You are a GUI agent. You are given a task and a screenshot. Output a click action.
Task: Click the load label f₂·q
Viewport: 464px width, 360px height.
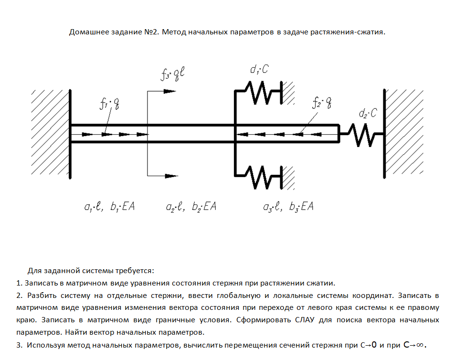tap(320, 103)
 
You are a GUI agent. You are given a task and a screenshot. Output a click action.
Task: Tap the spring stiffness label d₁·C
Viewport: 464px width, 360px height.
tap(259, 70)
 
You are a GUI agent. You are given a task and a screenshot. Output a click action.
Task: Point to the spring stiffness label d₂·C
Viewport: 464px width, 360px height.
tap(368, 114)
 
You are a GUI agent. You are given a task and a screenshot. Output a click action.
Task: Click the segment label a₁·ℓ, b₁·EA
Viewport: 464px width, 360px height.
tap(109, 207)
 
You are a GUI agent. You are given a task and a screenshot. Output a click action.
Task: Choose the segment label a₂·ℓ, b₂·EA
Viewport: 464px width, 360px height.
tap(191, 207)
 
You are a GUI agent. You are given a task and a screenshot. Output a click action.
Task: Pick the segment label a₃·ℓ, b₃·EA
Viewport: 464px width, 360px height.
tap(288, 207)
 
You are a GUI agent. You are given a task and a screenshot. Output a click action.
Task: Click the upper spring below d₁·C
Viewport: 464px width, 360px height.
tap(262, 92)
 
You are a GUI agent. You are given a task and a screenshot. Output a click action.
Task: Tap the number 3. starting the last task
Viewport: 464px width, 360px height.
tap(19, 345)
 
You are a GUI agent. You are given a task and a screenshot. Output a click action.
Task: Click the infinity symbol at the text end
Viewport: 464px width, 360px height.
tap(419, 344)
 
